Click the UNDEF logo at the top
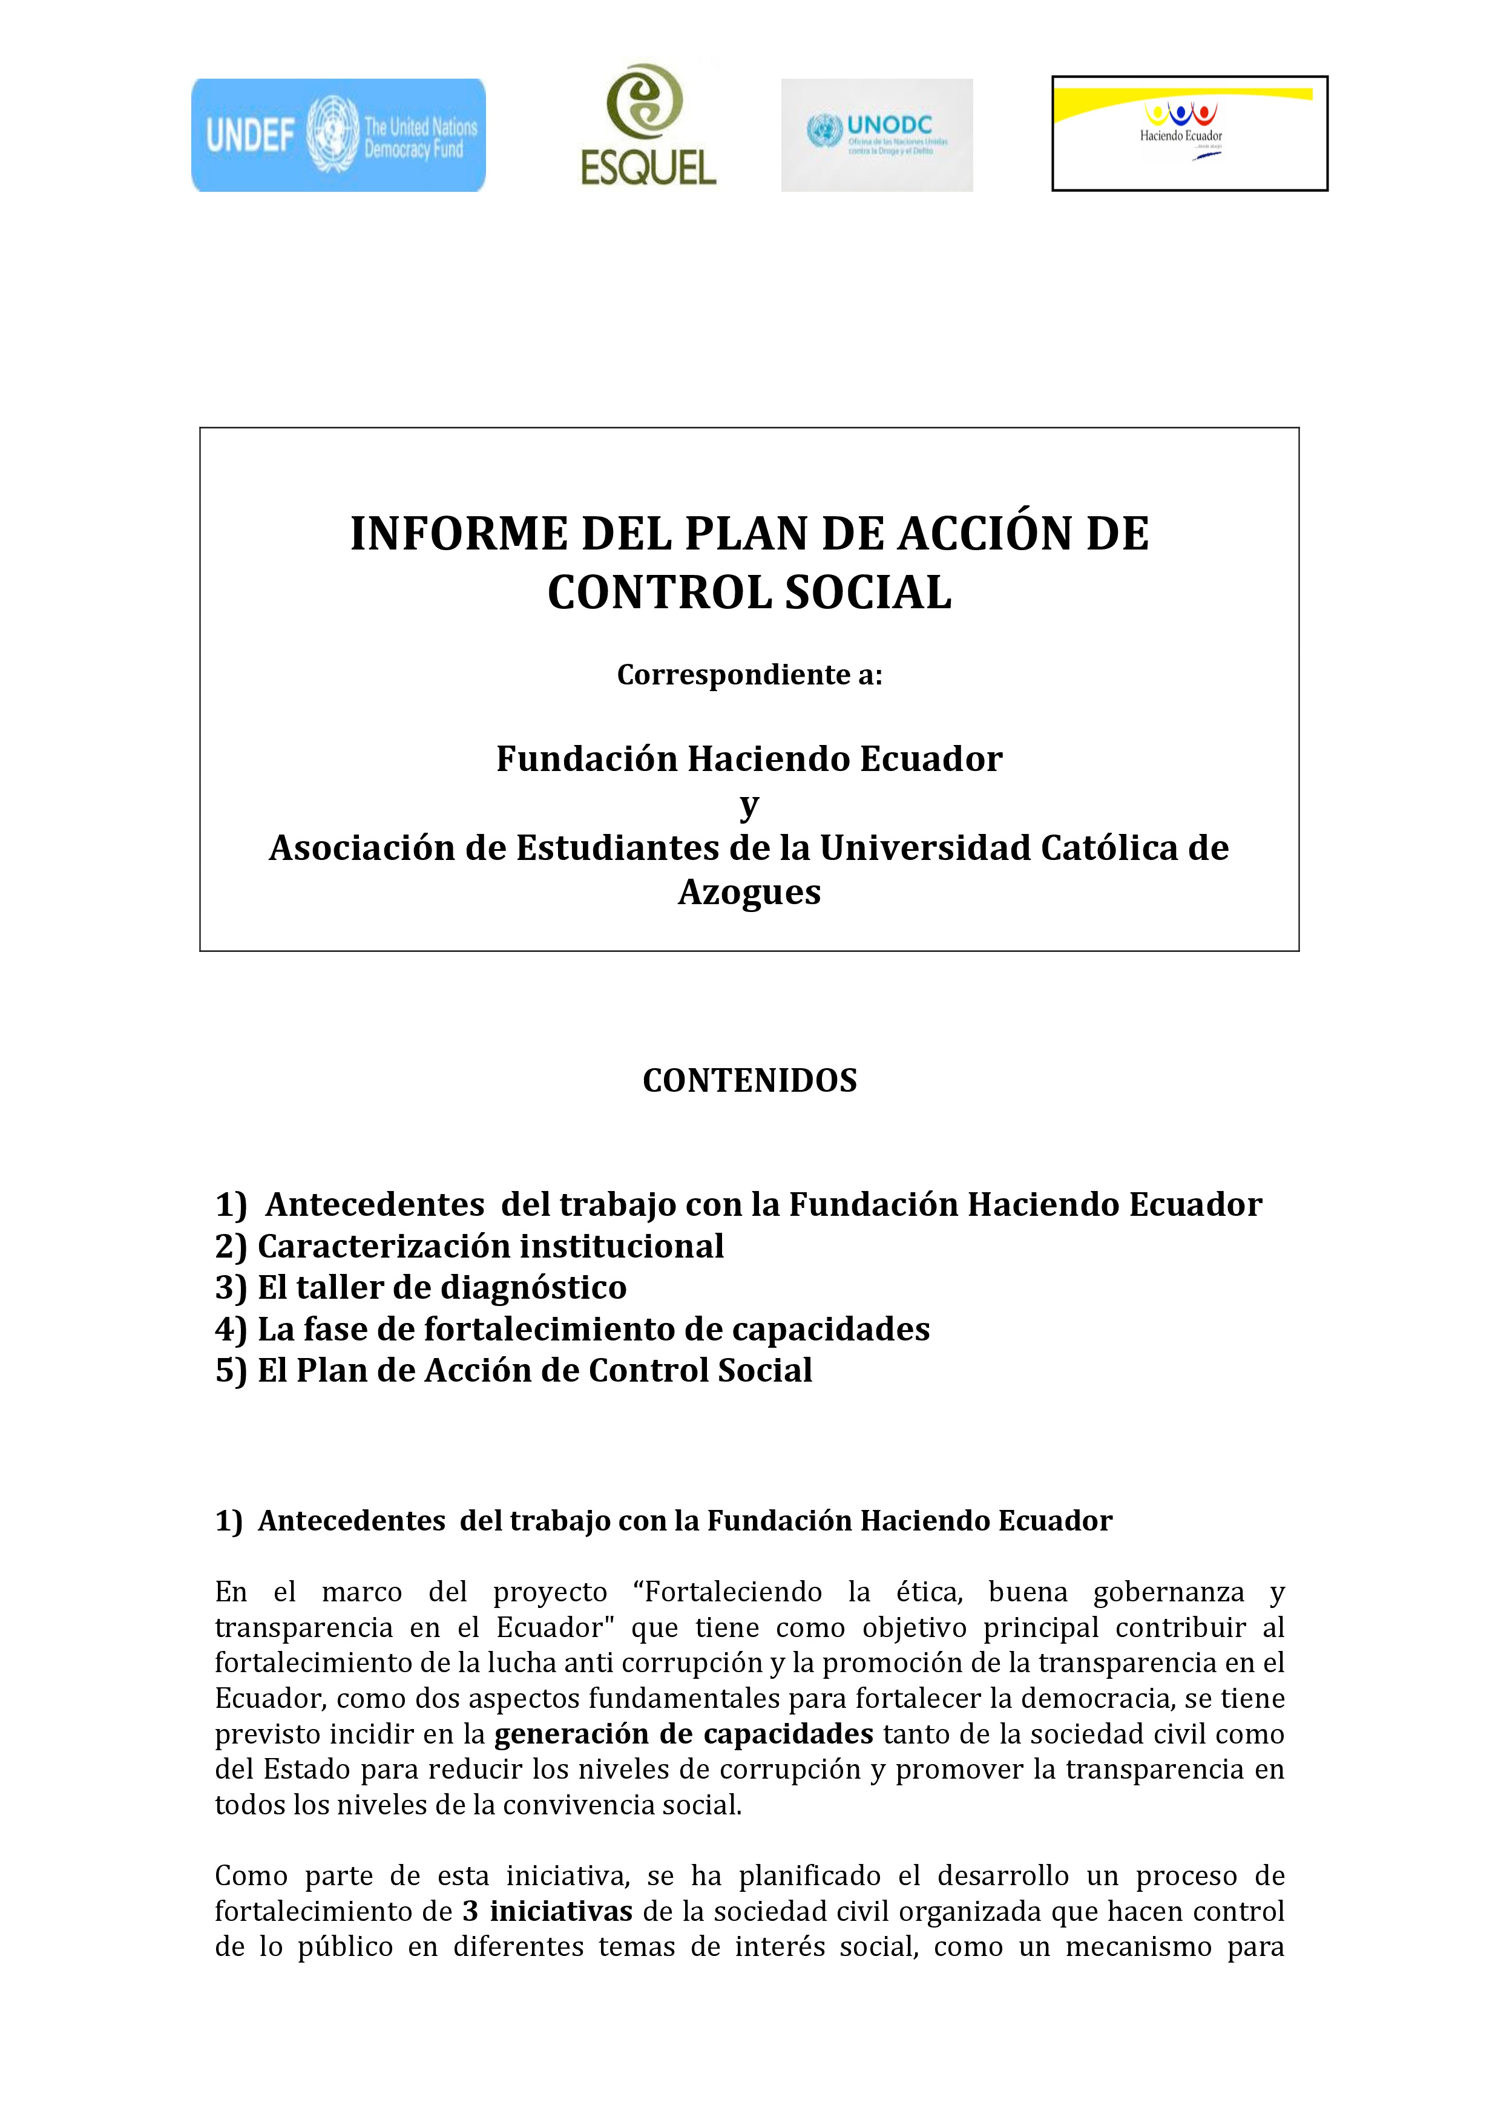[x=338, y=135]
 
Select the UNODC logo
[x=877, y=135]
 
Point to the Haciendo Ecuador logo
[x=1189, y=133]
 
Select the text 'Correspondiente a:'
[x=749, y=675]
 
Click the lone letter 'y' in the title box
[x=749, y=804]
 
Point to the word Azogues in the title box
[x=749, y=892]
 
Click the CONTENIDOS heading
[x=749, y=1080]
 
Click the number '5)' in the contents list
[x=231, y=1370]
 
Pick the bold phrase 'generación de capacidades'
[x=683, y=1734]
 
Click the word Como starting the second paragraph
[x=250, y=1875]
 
